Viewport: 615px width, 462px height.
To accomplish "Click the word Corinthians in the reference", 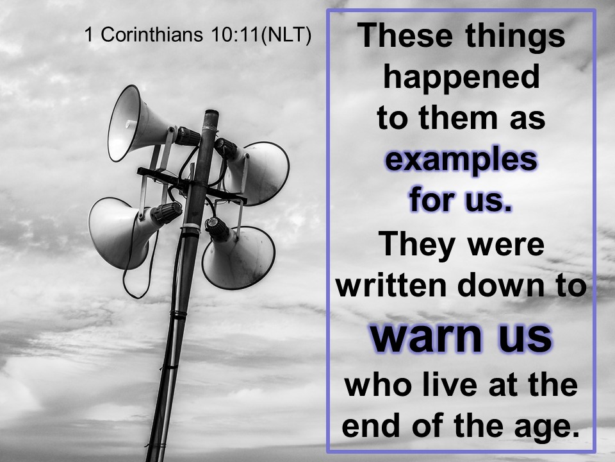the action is (x=152, y=35).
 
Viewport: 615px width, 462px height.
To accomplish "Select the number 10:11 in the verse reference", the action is (x=234, y=35).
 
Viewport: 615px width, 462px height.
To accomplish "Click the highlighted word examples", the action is (x=461, y=160).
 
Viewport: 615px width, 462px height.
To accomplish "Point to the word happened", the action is (x=461, y=78).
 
